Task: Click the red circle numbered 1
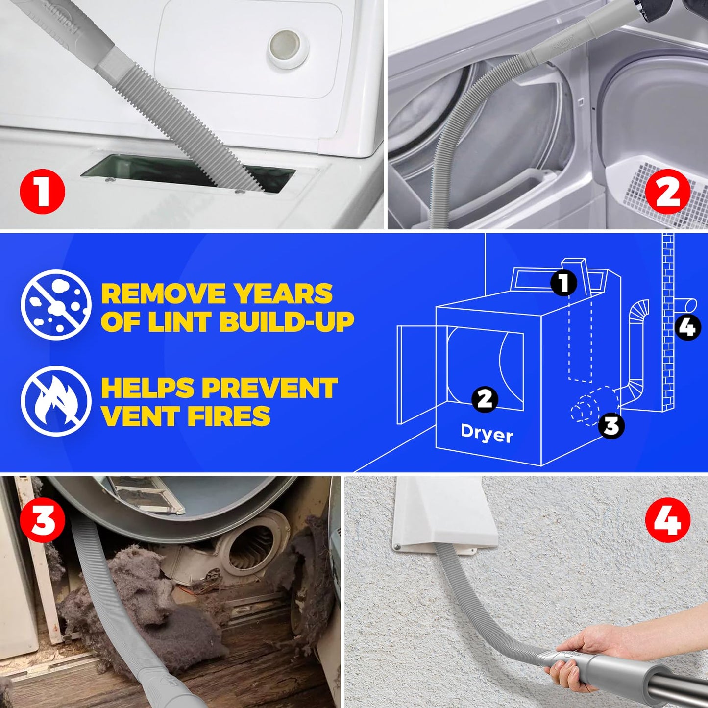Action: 42,192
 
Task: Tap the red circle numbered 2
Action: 667,192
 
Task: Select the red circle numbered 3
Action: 42,520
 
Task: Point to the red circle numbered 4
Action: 667,520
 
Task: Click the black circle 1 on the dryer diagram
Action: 563,283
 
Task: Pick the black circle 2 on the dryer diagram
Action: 485,399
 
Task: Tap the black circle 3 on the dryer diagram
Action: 611,426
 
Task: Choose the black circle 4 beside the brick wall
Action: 687,327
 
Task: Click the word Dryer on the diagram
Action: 487,434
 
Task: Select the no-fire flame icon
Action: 56,401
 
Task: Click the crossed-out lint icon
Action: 56,305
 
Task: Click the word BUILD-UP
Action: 287,321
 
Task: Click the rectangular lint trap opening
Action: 187,173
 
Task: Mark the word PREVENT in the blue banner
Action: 269,388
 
